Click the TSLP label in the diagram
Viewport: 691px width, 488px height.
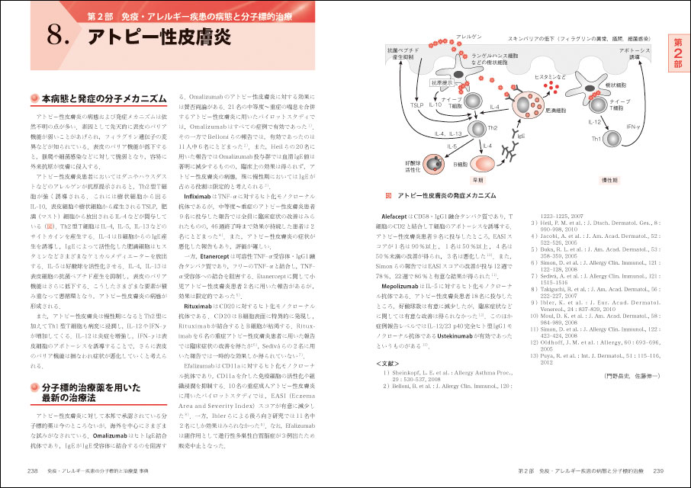pyautogui.click(x=416, y=104)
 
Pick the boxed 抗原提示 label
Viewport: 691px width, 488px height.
pyautogui.click(x=441, y=82)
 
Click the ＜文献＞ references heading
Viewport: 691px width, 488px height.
pyautogui.click(x=389, y=363)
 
